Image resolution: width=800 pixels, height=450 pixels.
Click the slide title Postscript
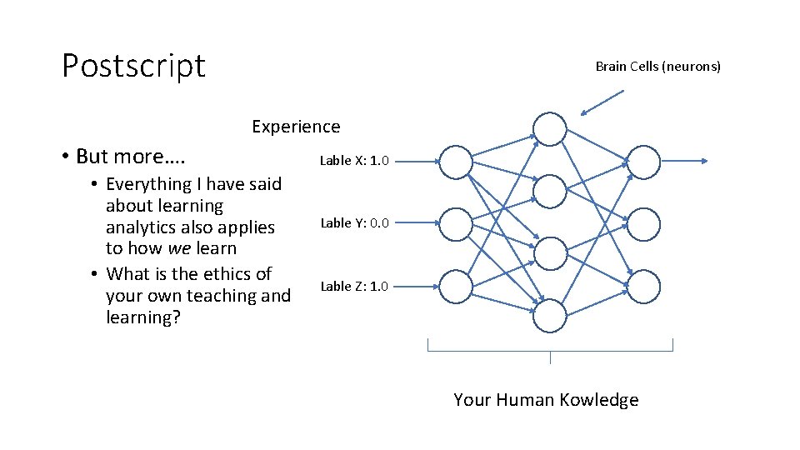133,65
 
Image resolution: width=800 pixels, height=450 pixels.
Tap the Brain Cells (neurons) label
657,66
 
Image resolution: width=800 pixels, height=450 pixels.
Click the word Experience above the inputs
296,127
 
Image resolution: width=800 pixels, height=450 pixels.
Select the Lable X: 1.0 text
354,160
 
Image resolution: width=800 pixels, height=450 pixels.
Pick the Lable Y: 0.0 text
354,222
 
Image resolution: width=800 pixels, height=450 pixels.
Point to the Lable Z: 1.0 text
354,286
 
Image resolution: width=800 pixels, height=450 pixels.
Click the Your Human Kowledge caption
546,400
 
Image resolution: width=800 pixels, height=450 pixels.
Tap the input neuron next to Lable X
455,162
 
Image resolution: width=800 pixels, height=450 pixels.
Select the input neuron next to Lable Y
455,224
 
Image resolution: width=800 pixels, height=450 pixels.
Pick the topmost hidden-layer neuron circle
550,130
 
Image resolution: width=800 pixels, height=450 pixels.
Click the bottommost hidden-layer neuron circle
550,316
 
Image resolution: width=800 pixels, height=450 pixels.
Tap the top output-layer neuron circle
643,162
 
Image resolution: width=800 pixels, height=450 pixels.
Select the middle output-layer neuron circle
643,224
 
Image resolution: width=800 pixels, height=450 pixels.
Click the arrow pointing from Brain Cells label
602,102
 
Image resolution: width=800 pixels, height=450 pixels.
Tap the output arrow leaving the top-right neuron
684,162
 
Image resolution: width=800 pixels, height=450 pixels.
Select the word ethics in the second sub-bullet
225,274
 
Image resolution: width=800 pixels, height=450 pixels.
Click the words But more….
131,157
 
